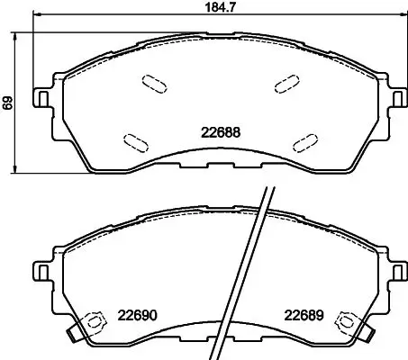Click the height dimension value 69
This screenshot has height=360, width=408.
click(7, 103)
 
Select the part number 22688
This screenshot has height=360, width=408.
click(221, 132)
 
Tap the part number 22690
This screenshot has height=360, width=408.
click(137, 315)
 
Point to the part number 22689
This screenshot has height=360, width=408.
click(304, 315)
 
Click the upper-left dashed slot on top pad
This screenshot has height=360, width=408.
click(154, 84)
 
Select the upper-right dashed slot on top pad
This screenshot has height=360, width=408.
click(287, 84)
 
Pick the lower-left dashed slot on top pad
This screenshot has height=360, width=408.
click(136, 143)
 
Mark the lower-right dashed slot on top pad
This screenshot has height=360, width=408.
click(305, 143)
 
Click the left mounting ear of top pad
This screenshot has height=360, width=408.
click(41, 97)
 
